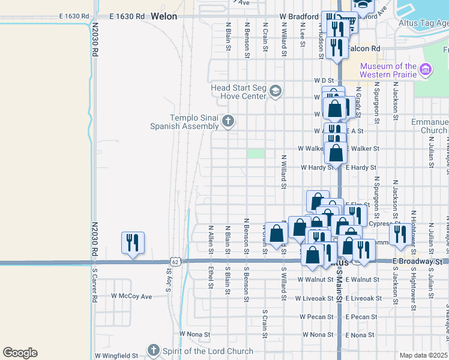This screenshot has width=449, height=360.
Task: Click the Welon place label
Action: [164, 16]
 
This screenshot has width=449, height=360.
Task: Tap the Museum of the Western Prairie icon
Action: [427, 70]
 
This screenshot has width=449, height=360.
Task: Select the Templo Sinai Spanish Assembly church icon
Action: [228, 121]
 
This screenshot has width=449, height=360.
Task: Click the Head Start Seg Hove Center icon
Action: [276, 91]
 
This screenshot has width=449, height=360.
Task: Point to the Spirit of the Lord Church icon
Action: [154, 350]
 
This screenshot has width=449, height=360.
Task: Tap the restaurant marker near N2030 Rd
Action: [132, 242]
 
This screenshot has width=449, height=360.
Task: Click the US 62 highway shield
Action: [175, 262]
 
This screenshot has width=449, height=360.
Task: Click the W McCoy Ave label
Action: [131, 296]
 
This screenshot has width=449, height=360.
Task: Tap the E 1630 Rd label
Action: [127, 16]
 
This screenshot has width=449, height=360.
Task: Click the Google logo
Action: [20, 352]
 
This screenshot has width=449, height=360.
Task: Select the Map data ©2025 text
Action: [424, 355]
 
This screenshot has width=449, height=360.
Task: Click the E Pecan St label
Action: [361, 316]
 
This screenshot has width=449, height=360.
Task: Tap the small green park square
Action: [256, 154]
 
